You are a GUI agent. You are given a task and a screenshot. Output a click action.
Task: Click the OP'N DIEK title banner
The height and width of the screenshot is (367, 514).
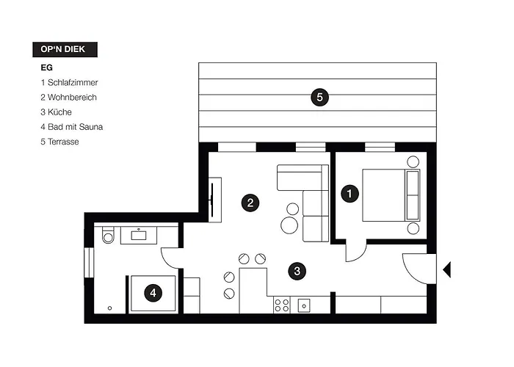[65, 49]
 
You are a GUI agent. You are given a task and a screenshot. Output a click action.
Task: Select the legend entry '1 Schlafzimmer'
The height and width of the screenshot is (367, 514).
[69, 82]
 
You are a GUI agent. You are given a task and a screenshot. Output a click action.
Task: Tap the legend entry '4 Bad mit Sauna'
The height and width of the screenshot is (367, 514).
[72, 127]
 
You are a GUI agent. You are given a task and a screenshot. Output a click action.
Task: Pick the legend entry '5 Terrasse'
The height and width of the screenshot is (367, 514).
[59, 142]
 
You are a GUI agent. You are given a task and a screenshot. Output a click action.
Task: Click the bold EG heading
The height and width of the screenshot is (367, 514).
[46, 68]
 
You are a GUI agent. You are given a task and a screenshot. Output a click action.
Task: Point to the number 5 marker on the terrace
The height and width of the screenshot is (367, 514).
[319, 98]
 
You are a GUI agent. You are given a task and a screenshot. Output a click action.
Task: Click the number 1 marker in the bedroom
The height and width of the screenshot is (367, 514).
[350, 194]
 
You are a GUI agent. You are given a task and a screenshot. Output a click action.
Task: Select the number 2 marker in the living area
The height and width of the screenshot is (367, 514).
[250, 203]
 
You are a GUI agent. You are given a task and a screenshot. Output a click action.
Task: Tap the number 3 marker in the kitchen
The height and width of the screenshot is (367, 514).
[297, 272]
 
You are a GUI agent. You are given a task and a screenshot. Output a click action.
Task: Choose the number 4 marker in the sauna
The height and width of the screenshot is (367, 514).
[153, 293]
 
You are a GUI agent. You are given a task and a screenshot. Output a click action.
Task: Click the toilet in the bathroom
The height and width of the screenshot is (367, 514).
[108, 235]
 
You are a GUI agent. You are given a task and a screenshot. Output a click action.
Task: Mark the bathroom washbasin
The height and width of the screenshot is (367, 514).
[139, 235]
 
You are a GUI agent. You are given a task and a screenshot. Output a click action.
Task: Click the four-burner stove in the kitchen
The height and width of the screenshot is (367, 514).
[282, 305]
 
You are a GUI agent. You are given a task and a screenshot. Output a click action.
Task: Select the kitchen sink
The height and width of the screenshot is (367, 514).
[304, 306]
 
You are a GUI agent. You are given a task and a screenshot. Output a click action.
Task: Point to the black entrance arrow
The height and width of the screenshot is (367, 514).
[446, 269]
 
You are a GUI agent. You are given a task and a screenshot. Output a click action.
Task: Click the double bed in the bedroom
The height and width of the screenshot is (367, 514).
[391, 195]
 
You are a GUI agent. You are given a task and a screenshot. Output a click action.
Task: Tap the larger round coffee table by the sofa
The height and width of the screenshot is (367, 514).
[289, 225]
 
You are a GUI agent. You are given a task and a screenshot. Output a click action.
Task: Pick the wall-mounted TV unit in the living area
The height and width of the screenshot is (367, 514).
[215, 200]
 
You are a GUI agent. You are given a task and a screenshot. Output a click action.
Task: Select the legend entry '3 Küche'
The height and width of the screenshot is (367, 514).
[56, 112]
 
